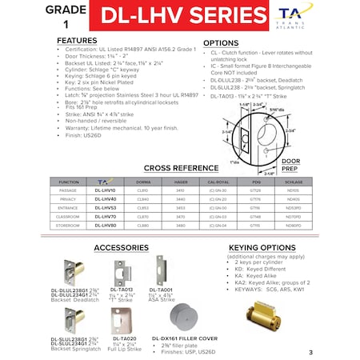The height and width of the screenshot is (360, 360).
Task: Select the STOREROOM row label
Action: [70, 225]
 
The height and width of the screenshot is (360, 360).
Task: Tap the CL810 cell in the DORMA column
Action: [143, 190]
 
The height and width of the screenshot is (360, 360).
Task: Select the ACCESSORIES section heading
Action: [122, 248]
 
